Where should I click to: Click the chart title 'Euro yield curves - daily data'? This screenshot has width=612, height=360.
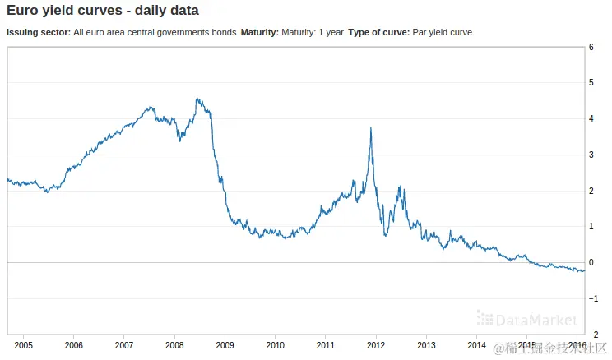(103, 12)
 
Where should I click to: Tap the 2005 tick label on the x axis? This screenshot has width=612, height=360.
(23, 344)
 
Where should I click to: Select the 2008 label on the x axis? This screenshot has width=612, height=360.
(174, 344)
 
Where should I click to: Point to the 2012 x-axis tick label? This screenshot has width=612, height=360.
(376, 344)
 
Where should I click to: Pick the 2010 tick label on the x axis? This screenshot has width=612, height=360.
(275, 344)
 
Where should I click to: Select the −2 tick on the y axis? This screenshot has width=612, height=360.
(590, 335)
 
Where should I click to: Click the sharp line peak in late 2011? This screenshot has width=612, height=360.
(371, 128)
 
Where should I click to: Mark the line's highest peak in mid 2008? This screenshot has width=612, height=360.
(197, 99)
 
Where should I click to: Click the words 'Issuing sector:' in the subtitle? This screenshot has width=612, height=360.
(38, 32)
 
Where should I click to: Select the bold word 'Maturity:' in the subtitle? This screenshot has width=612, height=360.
(259, 32)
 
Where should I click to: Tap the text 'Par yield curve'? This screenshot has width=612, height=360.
(443, 32)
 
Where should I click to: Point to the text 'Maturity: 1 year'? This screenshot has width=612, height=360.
(313, 32)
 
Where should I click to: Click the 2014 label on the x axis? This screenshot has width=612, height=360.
(476, 344)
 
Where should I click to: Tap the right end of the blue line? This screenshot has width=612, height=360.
(584, 271)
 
